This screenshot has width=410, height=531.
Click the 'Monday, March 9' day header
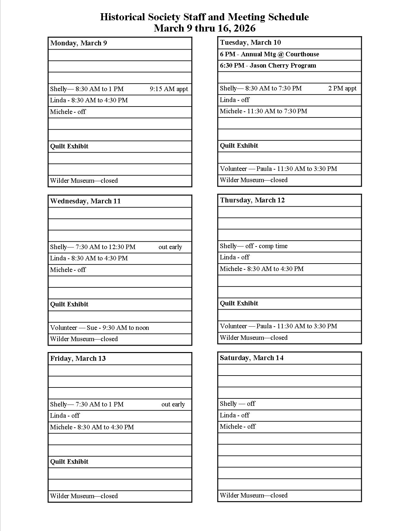coord(78,43)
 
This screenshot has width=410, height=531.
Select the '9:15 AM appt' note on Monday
coord(169,89)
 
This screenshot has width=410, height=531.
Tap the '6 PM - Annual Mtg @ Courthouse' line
coord(269,54)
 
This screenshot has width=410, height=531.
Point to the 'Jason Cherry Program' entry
coord(283,66)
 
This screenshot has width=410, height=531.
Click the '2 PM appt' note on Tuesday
coord(342,88)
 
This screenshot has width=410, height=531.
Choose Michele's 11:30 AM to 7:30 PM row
coord(263,111)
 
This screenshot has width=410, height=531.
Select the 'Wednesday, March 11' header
coord(85,201)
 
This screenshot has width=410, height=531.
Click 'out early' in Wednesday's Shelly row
coord(170,247)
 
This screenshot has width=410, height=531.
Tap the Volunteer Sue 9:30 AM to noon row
coord(99,328)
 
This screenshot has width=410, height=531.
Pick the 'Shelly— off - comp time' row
coord(253,246)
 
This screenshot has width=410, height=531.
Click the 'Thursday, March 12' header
coord(252,200)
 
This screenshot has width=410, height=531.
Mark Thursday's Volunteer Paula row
coord(278,326)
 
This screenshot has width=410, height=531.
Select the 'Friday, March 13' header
coord(78,359)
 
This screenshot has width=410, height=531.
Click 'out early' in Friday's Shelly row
coord(173,405)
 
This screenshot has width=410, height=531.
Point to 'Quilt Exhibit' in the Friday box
coord(69,462)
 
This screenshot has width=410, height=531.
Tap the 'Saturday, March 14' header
coord(251,358)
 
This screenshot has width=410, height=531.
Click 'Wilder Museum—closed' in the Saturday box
coord(253,496)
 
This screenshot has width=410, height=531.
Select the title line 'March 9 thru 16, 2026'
coord(205,28)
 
